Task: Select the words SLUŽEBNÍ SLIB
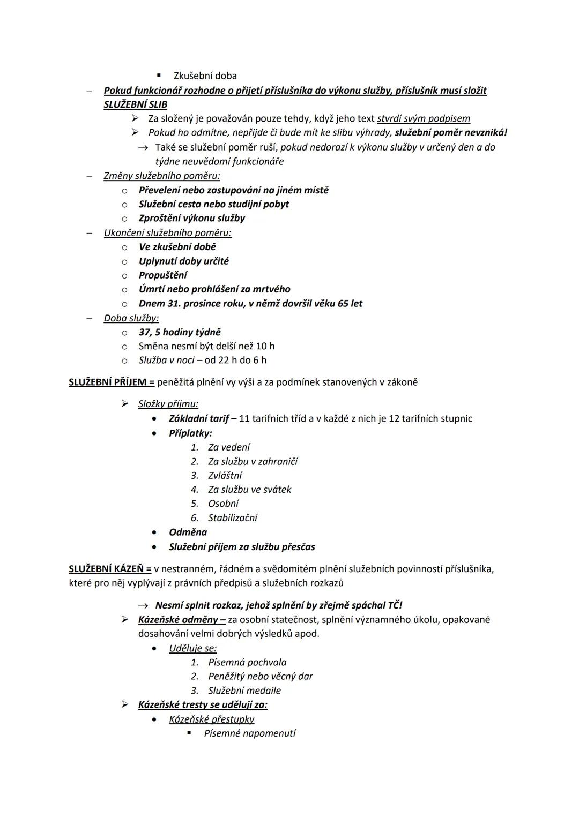tap(135, 104)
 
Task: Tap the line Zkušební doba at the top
tap(205, 76)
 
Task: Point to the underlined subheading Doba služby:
tap(131, 318)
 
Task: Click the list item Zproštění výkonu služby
tap(191, 218)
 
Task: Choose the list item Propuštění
tap(162, 275)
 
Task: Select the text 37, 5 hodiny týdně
tap(179, 332)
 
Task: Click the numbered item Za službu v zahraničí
tap(253, 461)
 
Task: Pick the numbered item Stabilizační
tap(232, 517)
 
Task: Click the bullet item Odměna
tap(188, 532)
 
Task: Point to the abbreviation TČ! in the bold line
tap(395, 605)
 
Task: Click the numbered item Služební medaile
tap(244, 691)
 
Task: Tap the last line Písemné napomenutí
tap(249, 733)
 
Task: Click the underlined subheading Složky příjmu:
tap(168, 404)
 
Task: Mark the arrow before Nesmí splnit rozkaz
tap(143, 606)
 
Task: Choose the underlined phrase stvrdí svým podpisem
tap(424, 118)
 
